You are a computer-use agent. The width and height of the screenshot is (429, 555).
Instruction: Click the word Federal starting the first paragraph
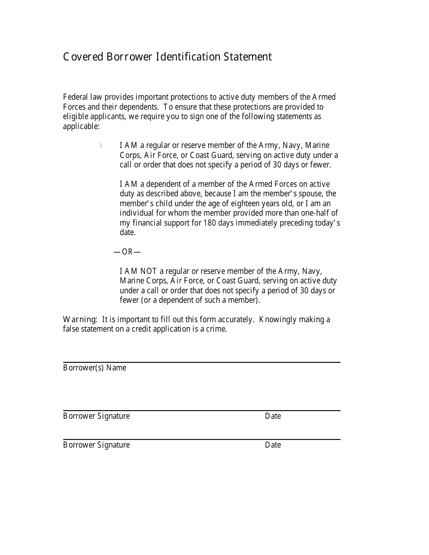[75, 97]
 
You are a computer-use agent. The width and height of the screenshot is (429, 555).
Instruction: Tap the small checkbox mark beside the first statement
[101, 145]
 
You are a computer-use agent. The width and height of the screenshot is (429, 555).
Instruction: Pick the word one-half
[313, 213]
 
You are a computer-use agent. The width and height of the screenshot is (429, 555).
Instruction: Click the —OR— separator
[127, 252]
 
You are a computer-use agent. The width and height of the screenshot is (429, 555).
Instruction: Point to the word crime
[216, 329]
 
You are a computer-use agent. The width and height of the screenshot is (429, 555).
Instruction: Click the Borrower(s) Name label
[95, 368]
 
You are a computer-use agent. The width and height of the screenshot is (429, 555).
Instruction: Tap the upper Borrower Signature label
[96, 416]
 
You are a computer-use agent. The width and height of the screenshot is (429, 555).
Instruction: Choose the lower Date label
[273, 445]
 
